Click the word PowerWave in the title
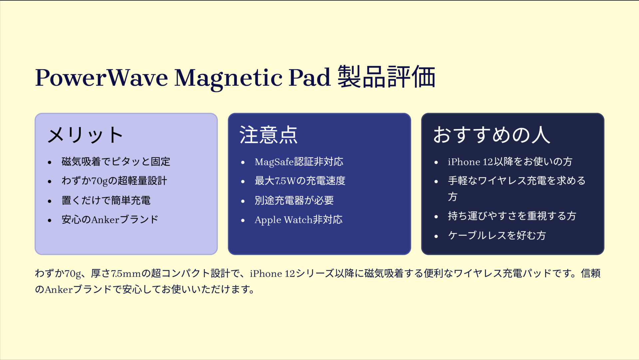pos(102,78)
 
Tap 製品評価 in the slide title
pos(386,77)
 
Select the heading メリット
pos(85,135)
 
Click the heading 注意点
pos(268,135)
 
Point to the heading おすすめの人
pos(491,135)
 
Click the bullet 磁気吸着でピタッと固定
pos(116,162)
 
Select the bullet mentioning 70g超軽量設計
pos(114,181)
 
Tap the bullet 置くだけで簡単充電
pos(106,200)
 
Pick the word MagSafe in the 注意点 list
pos(274,162)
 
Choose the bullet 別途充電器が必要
pos(294,200)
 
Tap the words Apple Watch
pos(284,220)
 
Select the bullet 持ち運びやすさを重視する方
pos(512,216)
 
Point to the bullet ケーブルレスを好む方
pos(497,236)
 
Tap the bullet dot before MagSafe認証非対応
pos(243,162)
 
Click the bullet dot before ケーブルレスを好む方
pos(436,236)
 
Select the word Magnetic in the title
pos(228,78)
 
